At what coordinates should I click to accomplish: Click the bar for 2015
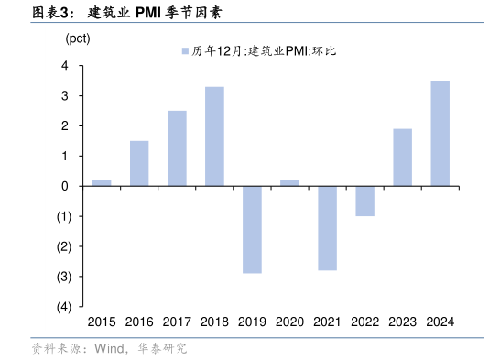pyautogui.click(x=102, y=183)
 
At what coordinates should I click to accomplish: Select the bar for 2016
pyautogui.click(x=139, y=163)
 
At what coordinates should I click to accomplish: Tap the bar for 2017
pyautogui.click(x=177, y=148)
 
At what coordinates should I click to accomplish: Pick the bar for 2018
pyautogui.click(x=214, y=136)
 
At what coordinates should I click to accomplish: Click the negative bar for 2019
pyautogui.click(x=252, y=229)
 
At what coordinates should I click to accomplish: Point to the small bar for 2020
pyautogui.click(x=289, y=183)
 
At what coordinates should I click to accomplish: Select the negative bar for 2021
pyautogui.click(x=327, y=228)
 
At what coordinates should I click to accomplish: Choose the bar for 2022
pyautogui.click(x=364, y=201)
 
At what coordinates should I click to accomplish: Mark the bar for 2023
pyautogui.click(x=402, y=158)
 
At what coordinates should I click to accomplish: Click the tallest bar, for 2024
pyautogui.click(x=440, y=134)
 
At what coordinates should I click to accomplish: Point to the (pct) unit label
pyautogui.click(x=78, y=38)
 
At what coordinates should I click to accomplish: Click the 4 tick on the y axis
pyautogui.click(x=65, y=66)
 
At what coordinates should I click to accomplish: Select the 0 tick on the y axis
pyautogui.click(x=65, y=186)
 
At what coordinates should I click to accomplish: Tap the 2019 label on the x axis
pyautogui.click(x=252, y=322)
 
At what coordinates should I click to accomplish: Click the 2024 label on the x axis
pyautogui.click(x=440, y=322)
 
